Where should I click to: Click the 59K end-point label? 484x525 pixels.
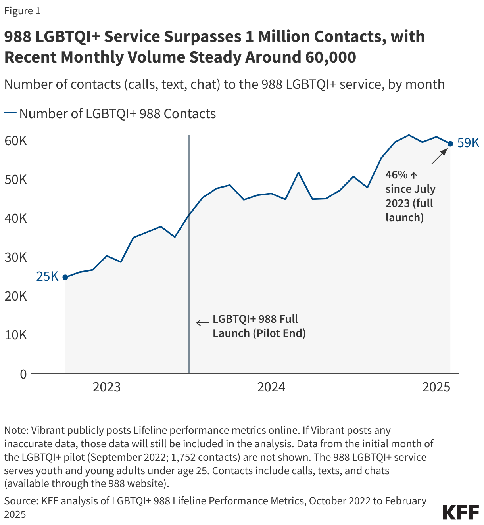(x=468, y=143)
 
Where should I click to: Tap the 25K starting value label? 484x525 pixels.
(x=47, y=276)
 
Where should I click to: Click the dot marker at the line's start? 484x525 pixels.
(x=65, y=277)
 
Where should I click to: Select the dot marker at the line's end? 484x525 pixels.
(x=450, y=144)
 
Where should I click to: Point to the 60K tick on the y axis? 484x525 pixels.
(x=16, y=141)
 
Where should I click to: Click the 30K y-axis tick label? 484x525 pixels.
(x=16, y=257)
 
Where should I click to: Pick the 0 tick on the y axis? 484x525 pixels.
(x=23, y=374)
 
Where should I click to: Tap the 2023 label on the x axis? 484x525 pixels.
(x=106, y=387)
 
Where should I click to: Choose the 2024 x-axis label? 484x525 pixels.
(x=271, y=387)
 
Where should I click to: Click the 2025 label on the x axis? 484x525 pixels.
(x=436, y=387)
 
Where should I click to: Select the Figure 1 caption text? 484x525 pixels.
(x=22, y=11)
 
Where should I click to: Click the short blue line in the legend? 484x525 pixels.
(x=10, y=113)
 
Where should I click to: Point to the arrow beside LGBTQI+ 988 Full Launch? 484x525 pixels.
(x=203, y=322)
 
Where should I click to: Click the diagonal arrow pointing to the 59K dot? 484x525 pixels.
(x=439, y=157)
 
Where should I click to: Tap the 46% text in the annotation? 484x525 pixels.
(x=396, y=175)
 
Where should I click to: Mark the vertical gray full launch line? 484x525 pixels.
(x=189, y=254)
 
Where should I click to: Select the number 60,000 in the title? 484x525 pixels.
(x=331, y=57)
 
